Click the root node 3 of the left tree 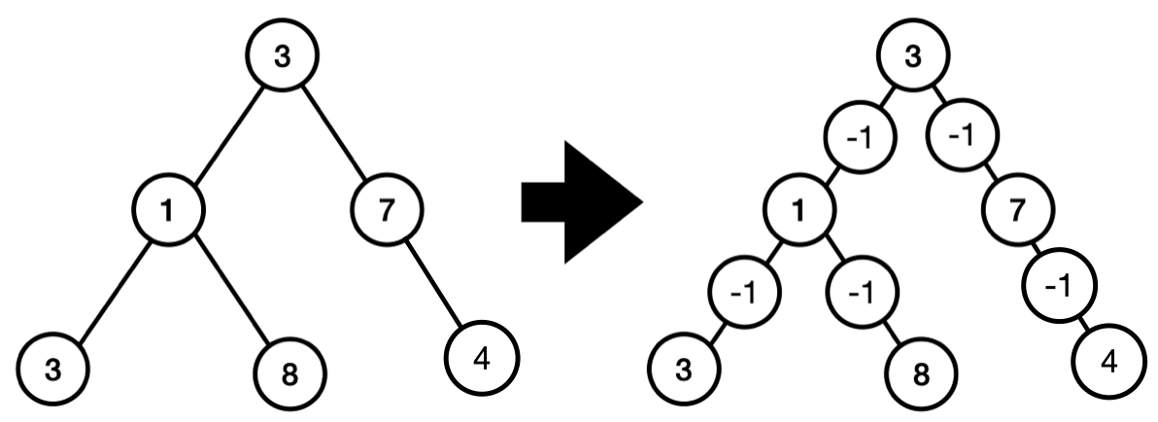pos(282,55)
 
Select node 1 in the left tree pos(168,210)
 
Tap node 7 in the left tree pos(387,210)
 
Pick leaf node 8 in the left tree pos(289,374)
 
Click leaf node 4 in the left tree pos(482,358)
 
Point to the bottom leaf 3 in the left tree pos(53,369)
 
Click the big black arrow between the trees pos(582,201)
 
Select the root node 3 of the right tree pos(913,55)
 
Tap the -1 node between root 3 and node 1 pos(861,137)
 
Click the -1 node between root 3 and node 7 pos(964,136)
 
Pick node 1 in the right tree pos(800,211)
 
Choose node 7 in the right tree pos(1018,211)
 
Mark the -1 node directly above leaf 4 pos(1060,285)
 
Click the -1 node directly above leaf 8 pos(862,293)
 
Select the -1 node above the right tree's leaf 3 pos(744,293)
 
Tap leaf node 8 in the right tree pos(921,374)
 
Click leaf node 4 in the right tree pos(1108,362)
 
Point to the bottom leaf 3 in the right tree pos(685,369)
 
